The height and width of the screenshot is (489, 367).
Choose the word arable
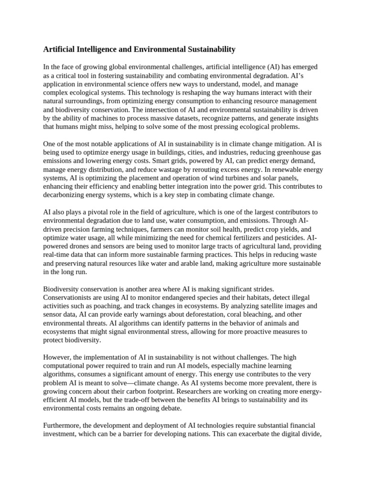(183, 263)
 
